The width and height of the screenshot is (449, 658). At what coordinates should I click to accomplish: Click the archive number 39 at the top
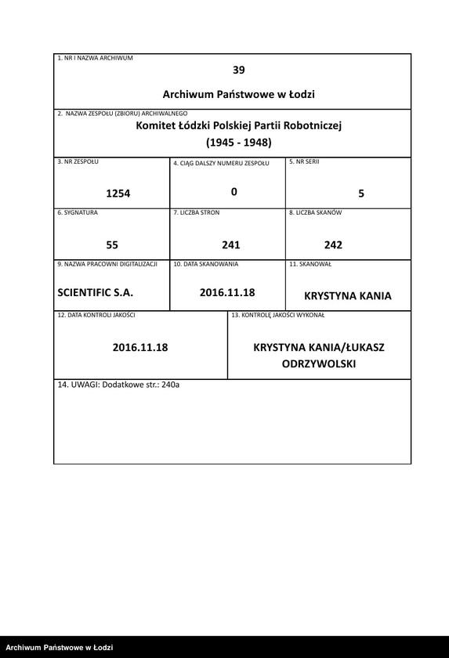tap(239, 70)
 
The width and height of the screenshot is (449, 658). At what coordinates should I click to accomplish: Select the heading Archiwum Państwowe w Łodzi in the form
tap(239, 94)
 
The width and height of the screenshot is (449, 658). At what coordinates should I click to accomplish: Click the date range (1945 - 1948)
tap(239, 143)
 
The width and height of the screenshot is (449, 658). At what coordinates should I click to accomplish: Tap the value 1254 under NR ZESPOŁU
tap(118, 194)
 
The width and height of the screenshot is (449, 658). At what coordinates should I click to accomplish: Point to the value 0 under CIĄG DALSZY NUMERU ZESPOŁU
tap(234, 192)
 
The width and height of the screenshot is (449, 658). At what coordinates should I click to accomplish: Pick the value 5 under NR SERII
tap(361, 193)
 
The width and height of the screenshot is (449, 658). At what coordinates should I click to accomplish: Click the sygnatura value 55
tap(112, 244)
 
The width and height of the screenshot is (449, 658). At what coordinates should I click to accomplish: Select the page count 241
tap(230, 244)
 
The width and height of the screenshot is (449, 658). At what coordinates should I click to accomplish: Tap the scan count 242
tap(333, 244)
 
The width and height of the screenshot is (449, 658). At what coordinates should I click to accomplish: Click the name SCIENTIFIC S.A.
tap(96, 292)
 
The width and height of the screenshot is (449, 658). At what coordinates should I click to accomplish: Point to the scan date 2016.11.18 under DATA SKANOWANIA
tap(227, 292)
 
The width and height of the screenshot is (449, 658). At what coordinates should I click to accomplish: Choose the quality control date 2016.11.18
tap(140, 347)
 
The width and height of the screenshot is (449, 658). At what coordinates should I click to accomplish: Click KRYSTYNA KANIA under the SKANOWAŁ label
tap(347, 297)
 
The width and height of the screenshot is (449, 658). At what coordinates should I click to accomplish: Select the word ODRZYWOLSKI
tap(319, 365)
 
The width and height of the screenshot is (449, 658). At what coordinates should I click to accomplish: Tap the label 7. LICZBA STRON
tap(197, 212)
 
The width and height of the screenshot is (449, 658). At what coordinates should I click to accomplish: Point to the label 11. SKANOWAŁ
tap(310, 264)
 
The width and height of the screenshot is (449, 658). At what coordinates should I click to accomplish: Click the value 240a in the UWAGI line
tap(170, 385)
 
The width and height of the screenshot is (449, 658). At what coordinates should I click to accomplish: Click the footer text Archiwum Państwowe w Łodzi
tap(59, 648)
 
